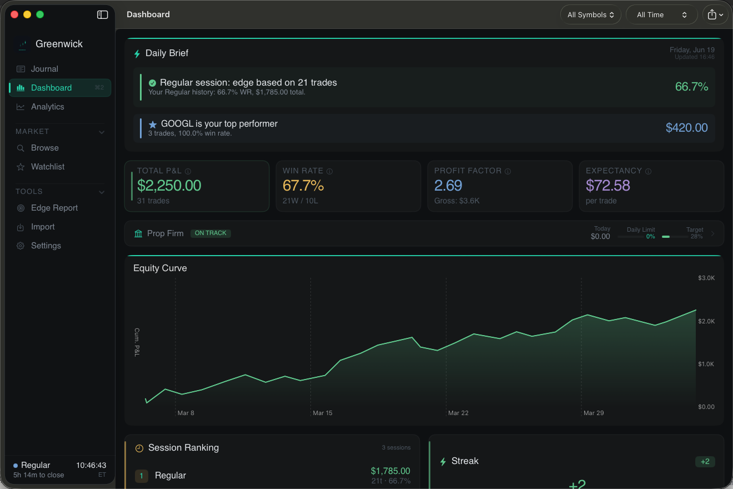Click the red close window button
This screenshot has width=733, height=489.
click(14, 14)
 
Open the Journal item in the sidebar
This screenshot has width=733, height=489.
click(44, 69)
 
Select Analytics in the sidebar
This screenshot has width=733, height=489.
click(47, 107)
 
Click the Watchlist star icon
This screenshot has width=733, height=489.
click(21, 167)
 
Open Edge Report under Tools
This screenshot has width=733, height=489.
click(54, 208)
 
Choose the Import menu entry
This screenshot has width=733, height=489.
click(43, 227)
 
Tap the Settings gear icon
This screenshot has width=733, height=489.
click(21, 246)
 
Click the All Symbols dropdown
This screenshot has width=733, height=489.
click(591, 15)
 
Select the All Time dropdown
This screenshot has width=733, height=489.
click(661, 15)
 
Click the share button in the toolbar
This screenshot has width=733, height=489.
click(715, 15)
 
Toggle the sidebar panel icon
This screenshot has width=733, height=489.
click(102, 15)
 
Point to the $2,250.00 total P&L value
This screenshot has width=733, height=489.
click(169, 186)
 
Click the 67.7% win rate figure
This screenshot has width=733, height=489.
click(303, 186)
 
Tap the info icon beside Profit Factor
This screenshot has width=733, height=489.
click(508, 171)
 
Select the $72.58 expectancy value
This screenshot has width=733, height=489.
click(608, 186)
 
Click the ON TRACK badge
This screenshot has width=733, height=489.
click(210, 233)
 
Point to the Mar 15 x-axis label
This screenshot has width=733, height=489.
click(322, 413)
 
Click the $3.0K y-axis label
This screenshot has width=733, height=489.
click(706, 278)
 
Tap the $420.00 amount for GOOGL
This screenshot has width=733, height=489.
click(686, 128)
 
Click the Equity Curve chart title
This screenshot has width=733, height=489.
click(160, 268)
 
